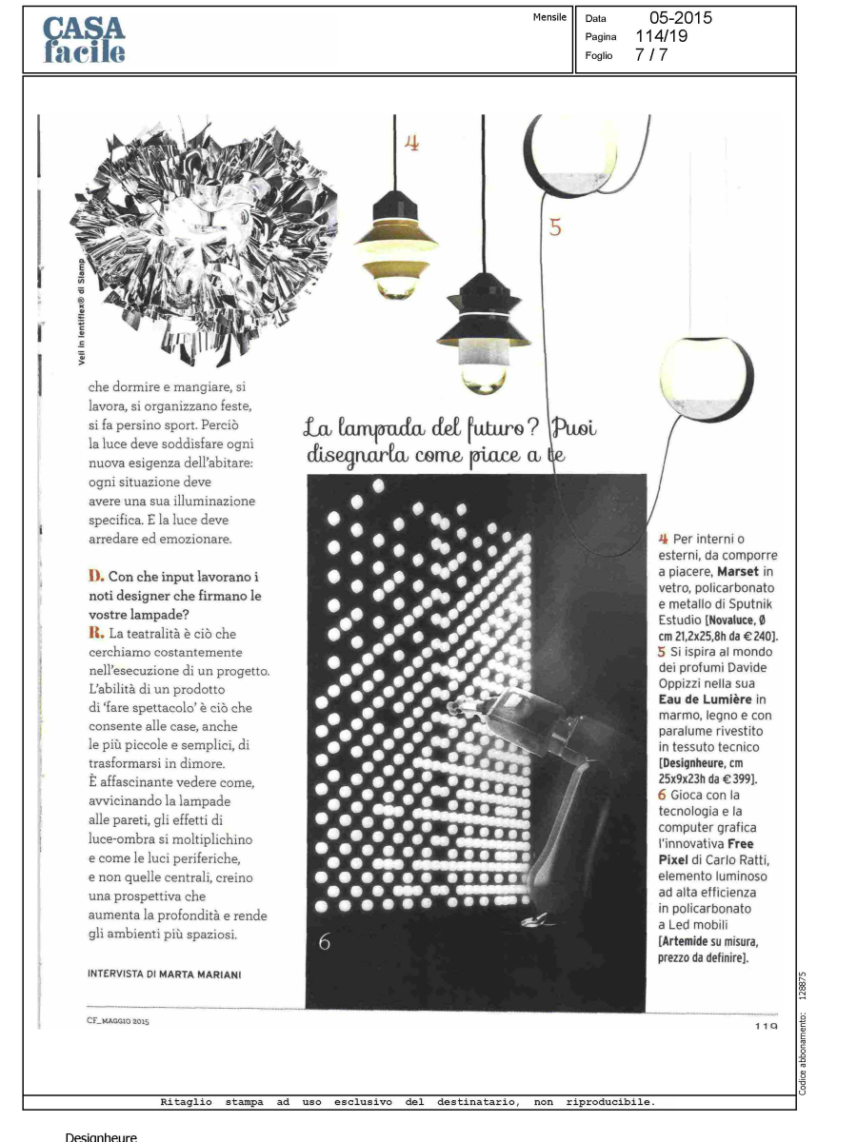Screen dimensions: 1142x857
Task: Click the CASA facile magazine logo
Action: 84,40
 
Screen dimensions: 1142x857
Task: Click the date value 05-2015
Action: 680,18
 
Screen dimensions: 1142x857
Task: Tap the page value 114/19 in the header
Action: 661,36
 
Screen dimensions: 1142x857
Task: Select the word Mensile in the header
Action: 549,17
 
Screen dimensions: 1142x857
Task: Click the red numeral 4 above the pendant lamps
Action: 411,143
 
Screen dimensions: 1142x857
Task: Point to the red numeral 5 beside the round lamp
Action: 556,227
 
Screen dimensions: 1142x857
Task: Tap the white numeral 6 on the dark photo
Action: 325,942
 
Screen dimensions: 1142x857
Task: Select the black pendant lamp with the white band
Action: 484,328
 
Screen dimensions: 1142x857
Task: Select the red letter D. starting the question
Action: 95,577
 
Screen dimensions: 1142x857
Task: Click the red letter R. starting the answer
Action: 94,633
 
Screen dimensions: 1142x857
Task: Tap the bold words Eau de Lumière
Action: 704,700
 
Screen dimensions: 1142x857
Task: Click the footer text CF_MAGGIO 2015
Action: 118,1021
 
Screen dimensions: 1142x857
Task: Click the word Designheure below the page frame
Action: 101,1136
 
